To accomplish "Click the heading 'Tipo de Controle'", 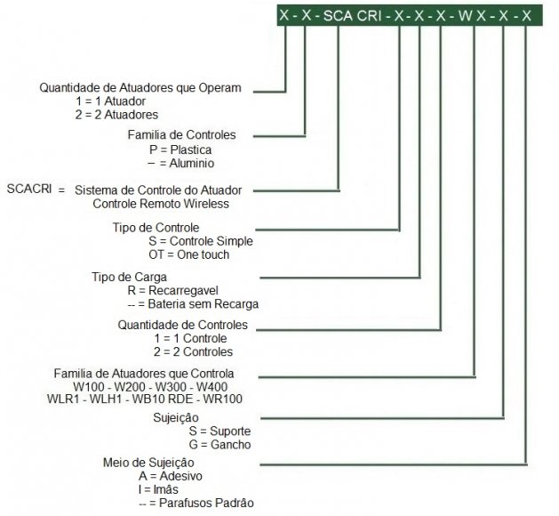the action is pos(156,228).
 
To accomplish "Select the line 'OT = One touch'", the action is pos(189,254).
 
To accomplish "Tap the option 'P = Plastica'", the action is pos(180,149).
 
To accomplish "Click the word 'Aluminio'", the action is pos(192,164).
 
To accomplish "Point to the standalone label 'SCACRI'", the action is pos(29,189).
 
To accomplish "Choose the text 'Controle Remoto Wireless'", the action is pos(161,204).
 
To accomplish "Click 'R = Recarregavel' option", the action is pos(173,291).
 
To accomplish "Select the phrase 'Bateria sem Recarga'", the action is pos(204,304).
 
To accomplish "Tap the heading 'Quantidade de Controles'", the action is pos(182,325).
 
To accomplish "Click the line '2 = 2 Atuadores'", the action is pos(116,115).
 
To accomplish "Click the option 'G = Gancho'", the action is pos(220,445).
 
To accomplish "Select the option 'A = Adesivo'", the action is pos(171,476).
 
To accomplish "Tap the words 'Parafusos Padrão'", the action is pos(206,503).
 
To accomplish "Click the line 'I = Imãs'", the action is pos(158,489).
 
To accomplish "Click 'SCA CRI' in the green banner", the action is pos(352,16).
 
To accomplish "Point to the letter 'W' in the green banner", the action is pos(465,16).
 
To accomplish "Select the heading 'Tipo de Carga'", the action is pos(129,277).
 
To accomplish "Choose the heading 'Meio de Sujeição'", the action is pos(148,463).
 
